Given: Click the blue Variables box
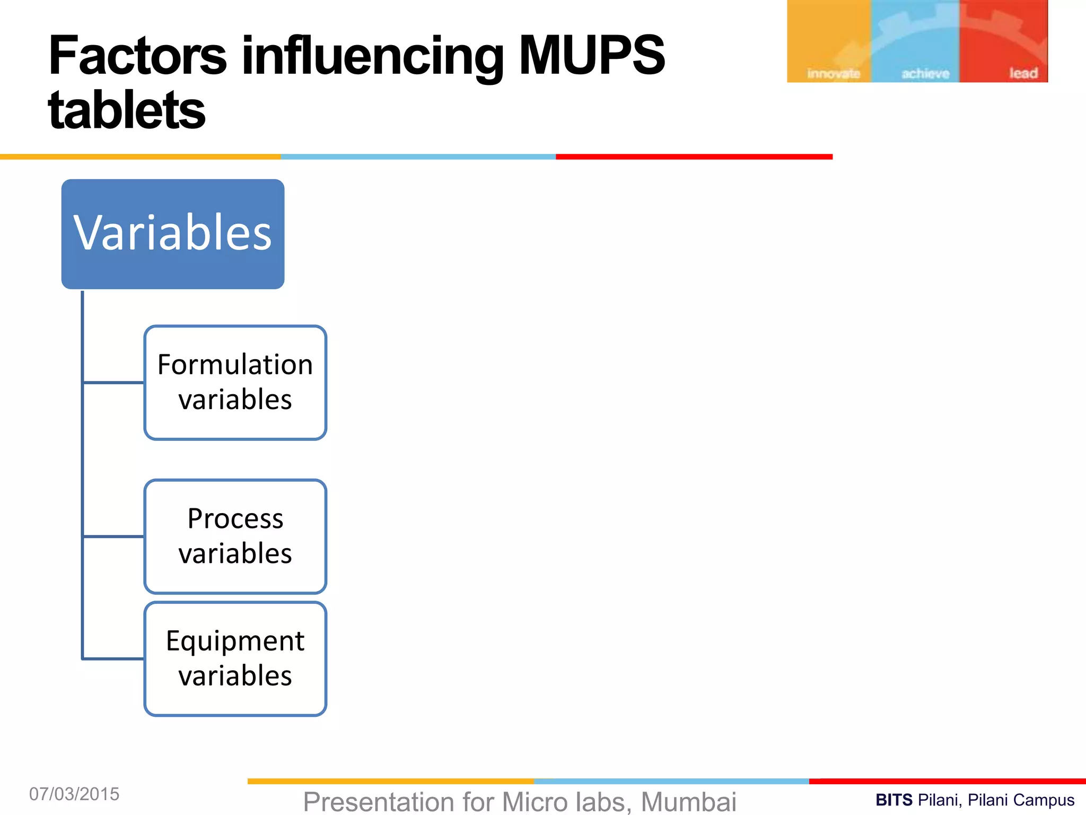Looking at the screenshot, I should click(x=173, y=234).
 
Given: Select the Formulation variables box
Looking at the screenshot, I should click(x=235, y=383).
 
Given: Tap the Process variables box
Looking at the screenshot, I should click(x=235, y=536).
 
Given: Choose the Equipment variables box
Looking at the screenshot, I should click(x=235, y=658).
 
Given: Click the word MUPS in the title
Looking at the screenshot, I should click(x=591, y=55).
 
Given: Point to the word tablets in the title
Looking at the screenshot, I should click(x=126, y=110).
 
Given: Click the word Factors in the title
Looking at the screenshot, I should click(x=137, y=55).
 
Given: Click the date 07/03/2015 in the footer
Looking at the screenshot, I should click(x=74, y=794).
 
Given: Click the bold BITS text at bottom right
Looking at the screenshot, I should click(x=894, y=800).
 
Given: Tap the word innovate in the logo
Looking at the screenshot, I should click(x=833, y=74).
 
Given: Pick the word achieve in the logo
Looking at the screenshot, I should click(x=925, y=74).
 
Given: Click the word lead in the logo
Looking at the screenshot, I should click(x=1023, y=73).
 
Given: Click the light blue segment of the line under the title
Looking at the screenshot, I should click(x=418, y=157).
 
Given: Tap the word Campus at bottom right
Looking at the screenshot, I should click(x=1047, y=800).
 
